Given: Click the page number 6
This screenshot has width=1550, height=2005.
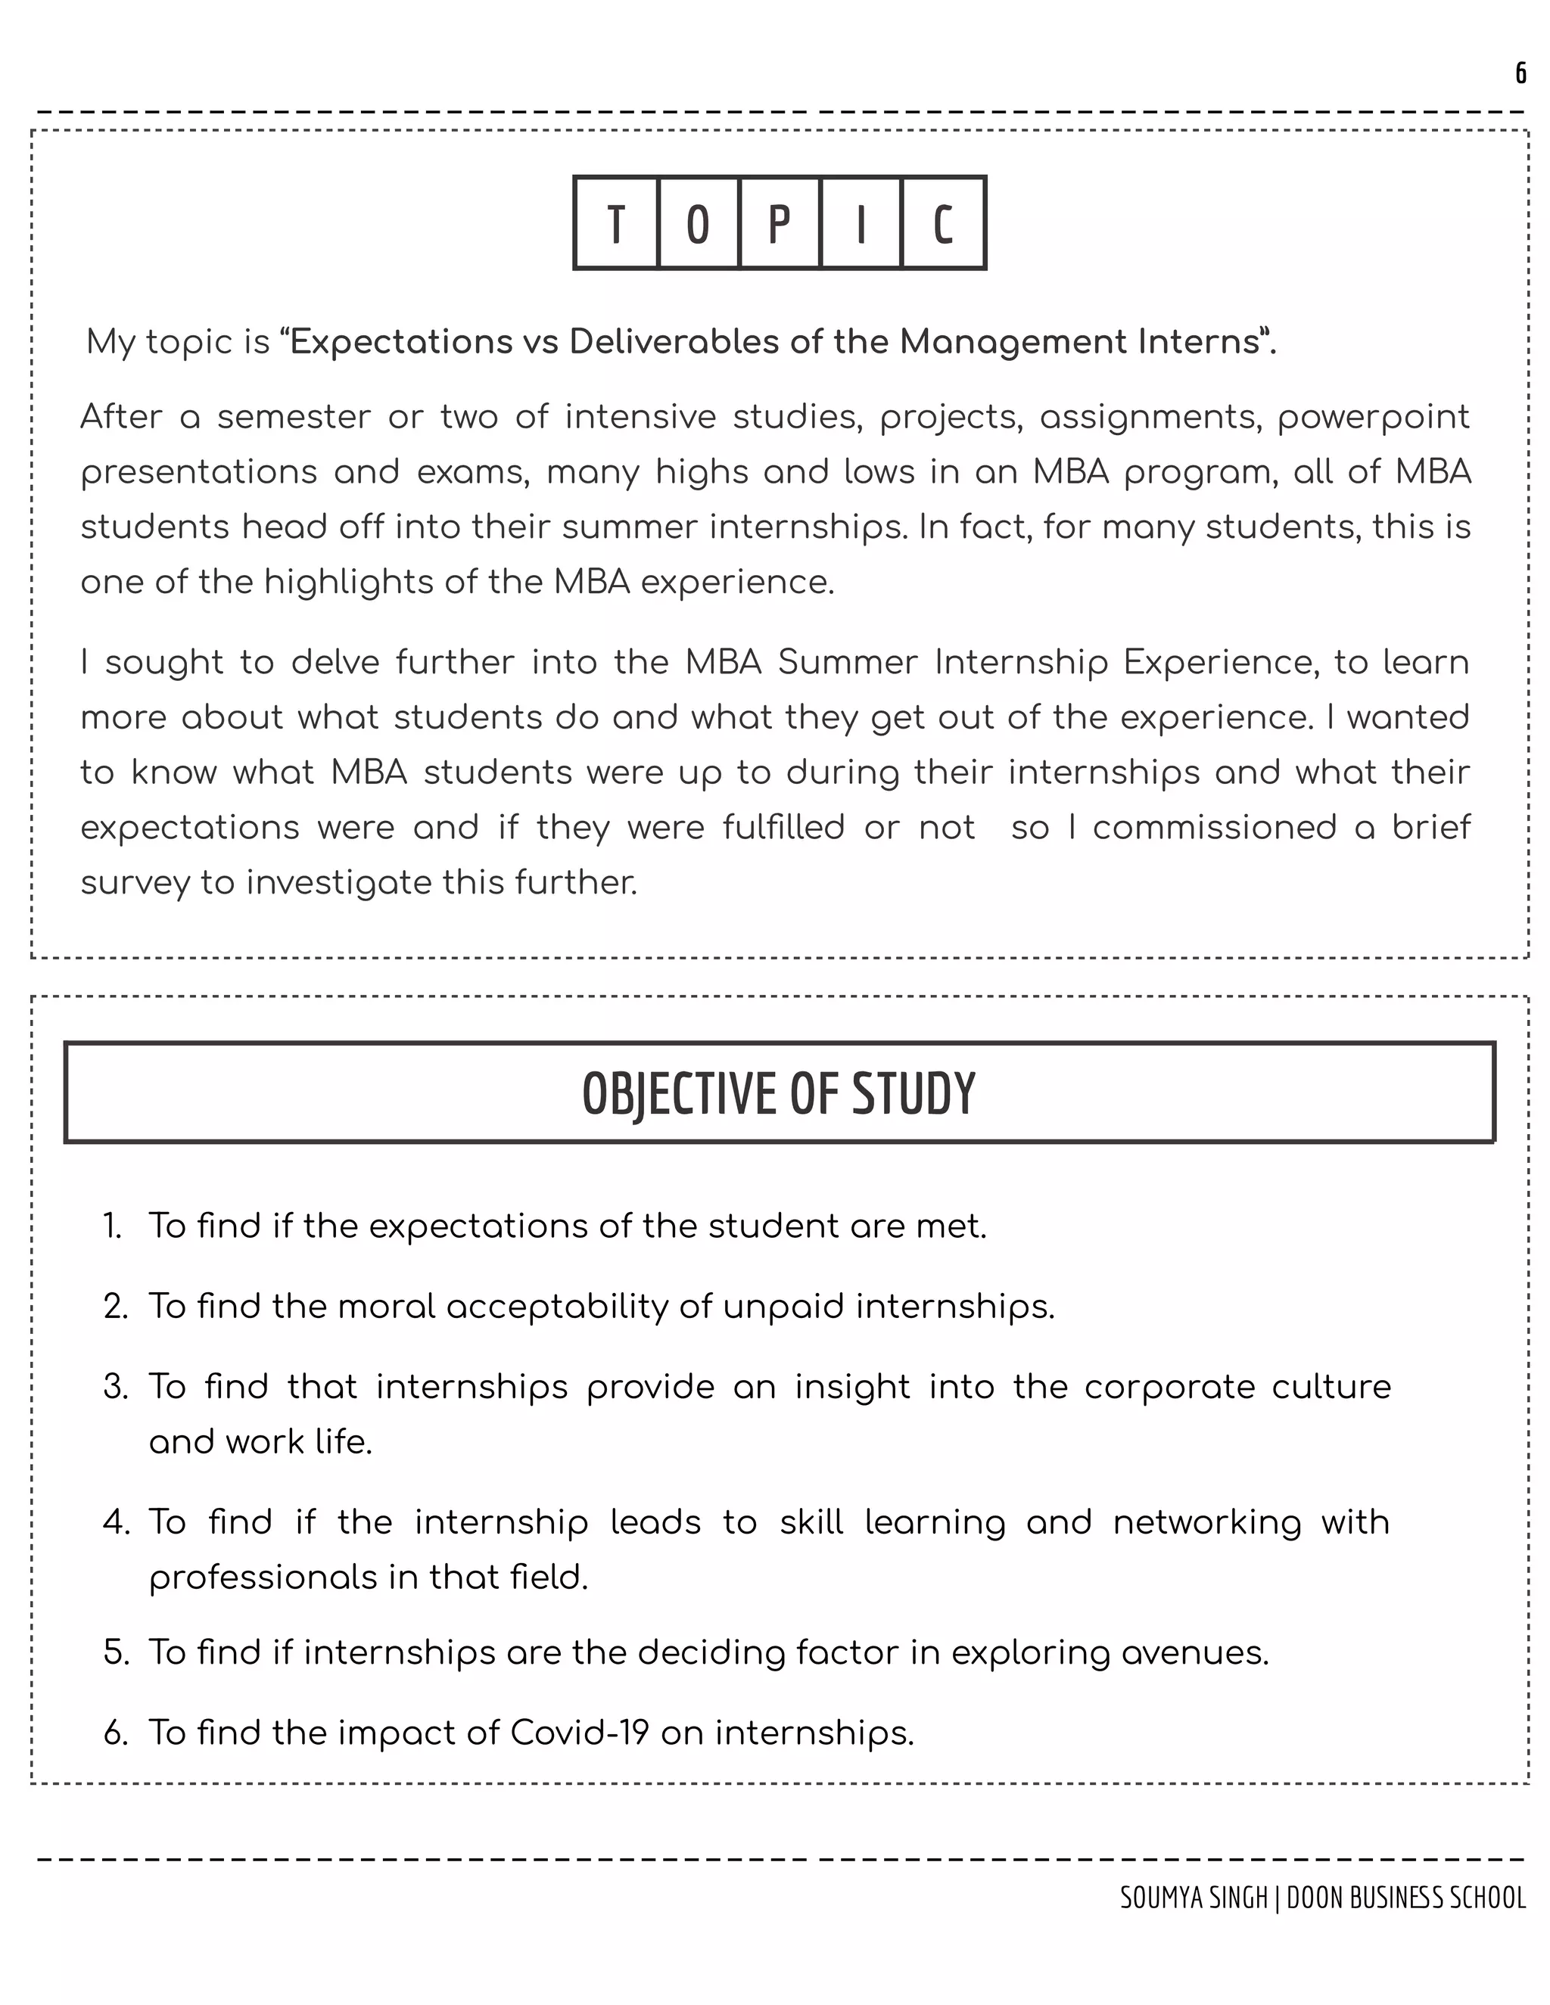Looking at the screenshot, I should pyautogui.click(x=1520, y=73).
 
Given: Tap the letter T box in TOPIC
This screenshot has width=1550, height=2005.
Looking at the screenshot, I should pyautogui.click(x=616, y=223).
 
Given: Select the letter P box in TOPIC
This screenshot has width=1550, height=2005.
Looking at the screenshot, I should pyautogui.click(x=780, y=223).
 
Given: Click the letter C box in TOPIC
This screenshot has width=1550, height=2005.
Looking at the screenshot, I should pyautogui.click(x=943, y=223).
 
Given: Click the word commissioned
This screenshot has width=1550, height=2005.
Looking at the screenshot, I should pyautogui.click(x=1214, y=827).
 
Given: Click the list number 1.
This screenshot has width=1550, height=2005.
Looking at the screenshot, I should pyautogui.click(x=112, y=1226).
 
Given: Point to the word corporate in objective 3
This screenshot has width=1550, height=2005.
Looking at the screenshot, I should pyautogui.click(x=1168, y=1386).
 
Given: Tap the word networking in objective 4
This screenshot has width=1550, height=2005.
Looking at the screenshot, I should pyautogui.click(x=1206, y=1523).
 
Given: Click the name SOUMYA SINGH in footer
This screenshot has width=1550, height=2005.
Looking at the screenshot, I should pyautogui.click(x=1193, y=1898).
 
